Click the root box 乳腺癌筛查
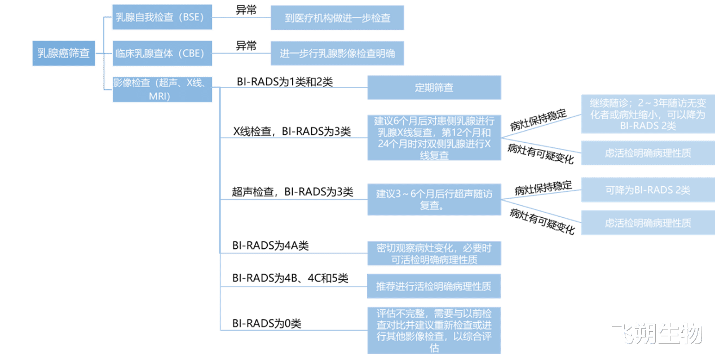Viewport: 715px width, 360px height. pos(64,53)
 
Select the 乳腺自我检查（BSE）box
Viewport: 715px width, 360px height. pos(162,17)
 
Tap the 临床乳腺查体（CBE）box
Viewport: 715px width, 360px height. pos(162,53)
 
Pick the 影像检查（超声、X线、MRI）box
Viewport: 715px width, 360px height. pos(162,90)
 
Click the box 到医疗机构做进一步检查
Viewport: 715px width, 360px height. pos(337,17)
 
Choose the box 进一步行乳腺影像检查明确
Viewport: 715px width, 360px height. pos(337,53)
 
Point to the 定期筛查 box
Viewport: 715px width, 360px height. pos(434,87)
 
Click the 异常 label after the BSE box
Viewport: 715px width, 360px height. pos(246,10)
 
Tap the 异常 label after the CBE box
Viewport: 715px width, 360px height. pos(246,46)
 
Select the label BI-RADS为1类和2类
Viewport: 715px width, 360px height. pos(285,82)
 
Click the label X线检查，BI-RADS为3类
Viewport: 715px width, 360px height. pos(292,131)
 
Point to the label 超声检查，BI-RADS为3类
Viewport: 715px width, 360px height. pos(293,192)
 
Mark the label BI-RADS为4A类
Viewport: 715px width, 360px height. pos(270,245)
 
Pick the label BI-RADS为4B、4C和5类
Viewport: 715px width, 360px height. pos(290,278)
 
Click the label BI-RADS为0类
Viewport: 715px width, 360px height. pos(267,323)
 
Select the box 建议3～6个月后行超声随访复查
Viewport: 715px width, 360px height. pos(434,199)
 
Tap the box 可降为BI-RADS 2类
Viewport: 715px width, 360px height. pos(648,190)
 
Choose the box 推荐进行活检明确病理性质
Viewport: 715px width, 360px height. pos(434,286)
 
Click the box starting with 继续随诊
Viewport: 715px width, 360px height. pos(648,114)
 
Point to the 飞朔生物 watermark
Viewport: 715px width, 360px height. pos(657,333)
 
